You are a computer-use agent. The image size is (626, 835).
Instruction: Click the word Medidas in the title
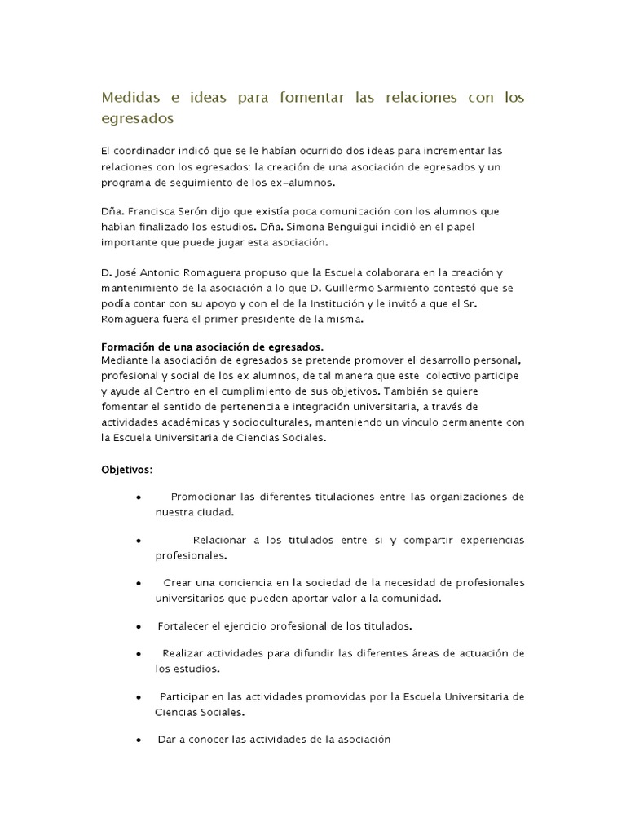click(131, 98)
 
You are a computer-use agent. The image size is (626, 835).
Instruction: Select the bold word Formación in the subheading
click(130, 346)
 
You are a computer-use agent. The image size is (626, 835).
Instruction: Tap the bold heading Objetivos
click(125, 470)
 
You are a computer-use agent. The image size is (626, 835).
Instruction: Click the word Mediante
click(126, 360)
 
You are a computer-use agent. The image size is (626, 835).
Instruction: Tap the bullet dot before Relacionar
click(139, 541)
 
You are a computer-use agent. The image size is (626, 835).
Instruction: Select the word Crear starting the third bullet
click(178, 583)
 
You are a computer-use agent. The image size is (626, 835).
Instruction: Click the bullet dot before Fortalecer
click(139, 626)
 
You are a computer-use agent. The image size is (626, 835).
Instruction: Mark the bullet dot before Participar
click(139, 697)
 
